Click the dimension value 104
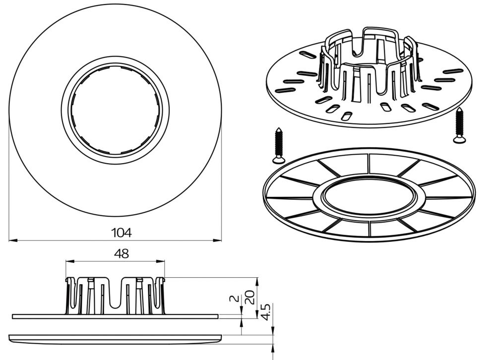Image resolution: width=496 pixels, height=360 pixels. coord(122,233)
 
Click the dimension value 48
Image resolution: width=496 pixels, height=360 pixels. coord(122,254)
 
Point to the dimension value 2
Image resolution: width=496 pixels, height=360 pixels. coord(234,299)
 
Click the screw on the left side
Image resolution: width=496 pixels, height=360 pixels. coord(279,145)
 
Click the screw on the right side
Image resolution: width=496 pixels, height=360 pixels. coord(459,125)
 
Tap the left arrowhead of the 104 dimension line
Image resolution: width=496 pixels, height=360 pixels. coord(13,240)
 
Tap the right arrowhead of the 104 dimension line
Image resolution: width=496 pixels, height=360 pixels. coord(217,240)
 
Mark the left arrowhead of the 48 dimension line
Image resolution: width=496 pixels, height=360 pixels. coord(69,261)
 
